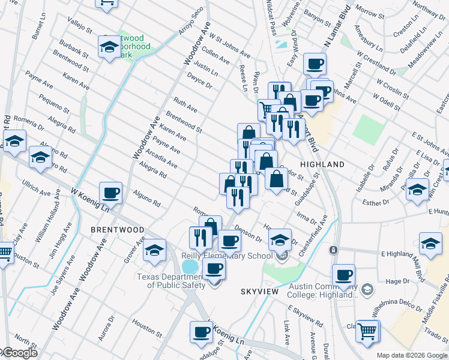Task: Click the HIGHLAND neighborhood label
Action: (x=322, y=164)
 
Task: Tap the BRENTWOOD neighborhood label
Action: (x=117, y=230)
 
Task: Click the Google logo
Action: (x=19, y=353)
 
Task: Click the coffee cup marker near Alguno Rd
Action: (x=110, y=193)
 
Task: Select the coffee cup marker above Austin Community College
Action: (x=343, y=275)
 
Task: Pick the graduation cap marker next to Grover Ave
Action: (x=155, y=250)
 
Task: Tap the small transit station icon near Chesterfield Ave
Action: (x=333, y=249)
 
